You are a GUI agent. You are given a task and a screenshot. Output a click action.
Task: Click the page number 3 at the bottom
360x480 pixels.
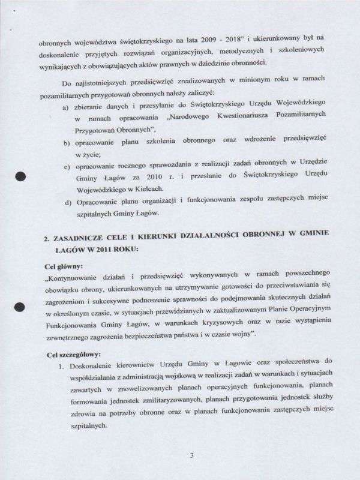pyautogui.click(x=191, y=455)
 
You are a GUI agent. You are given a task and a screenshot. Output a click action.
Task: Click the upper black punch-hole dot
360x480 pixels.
pyautogui.click(x=19, y=176)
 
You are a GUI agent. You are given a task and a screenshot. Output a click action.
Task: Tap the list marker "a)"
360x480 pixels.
pyautogui.click(x=67, y=106)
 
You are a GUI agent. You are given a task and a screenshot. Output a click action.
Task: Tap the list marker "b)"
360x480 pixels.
pyautogui.click(x=67, y=143)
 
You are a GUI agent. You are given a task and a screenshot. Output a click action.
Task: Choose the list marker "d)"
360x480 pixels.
pyautogui.click(x=67, y=202)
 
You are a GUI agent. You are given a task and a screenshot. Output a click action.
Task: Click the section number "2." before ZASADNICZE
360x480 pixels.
pyautogui.click(x=47, y=238)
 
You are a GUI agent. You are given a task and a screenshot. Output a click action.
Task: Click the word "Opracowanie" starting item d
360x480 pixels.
pyautogui.click(x=98, y=202)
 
